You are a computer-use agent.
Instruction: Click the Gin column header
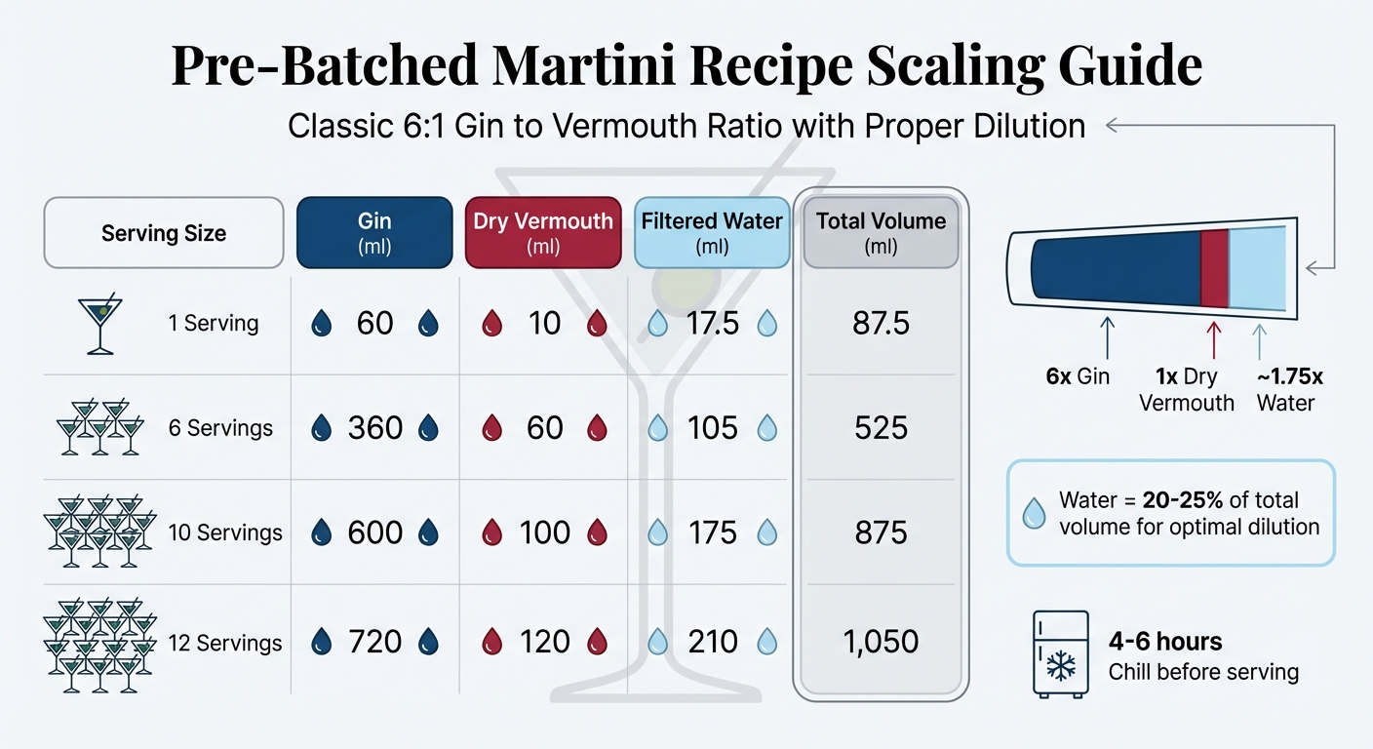[x=374, y=232]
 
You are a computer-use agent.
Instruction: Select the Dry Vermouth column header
[x=543, y=232]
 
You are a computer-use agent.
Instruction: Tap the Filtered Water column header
[x=712, y=232]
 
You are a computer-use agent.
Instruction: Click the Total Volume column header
[x=881, y=232]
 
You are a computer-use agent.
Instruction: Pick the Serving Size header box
[x=164, y=233]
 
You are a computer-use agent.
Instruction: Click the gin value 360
[x=375, y=427]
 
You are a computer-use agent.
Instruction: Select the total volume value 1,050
[x=881, y=642]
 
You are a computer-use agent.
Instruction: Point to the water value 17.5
[x=713, y=323]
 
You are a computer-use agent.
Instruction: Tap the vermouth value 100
[x=544, y=532]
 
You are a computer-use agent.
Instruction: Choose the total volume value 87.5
[x=881, y=323]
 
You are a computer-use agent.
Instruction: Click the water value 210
[x=713, y=642]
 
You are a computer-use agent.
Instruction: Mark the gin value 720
[x=375, y=642]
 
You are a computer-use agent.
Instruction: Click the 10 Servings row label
[x=224, y=532]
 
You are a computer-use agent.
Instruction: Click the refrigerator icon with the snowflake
[x=1060, y=653]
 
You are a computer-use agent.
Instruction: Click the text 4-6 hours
[x=1164, y=642]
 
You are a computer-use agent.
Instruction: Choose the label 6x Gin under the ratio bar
[x=1078, y=376]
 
